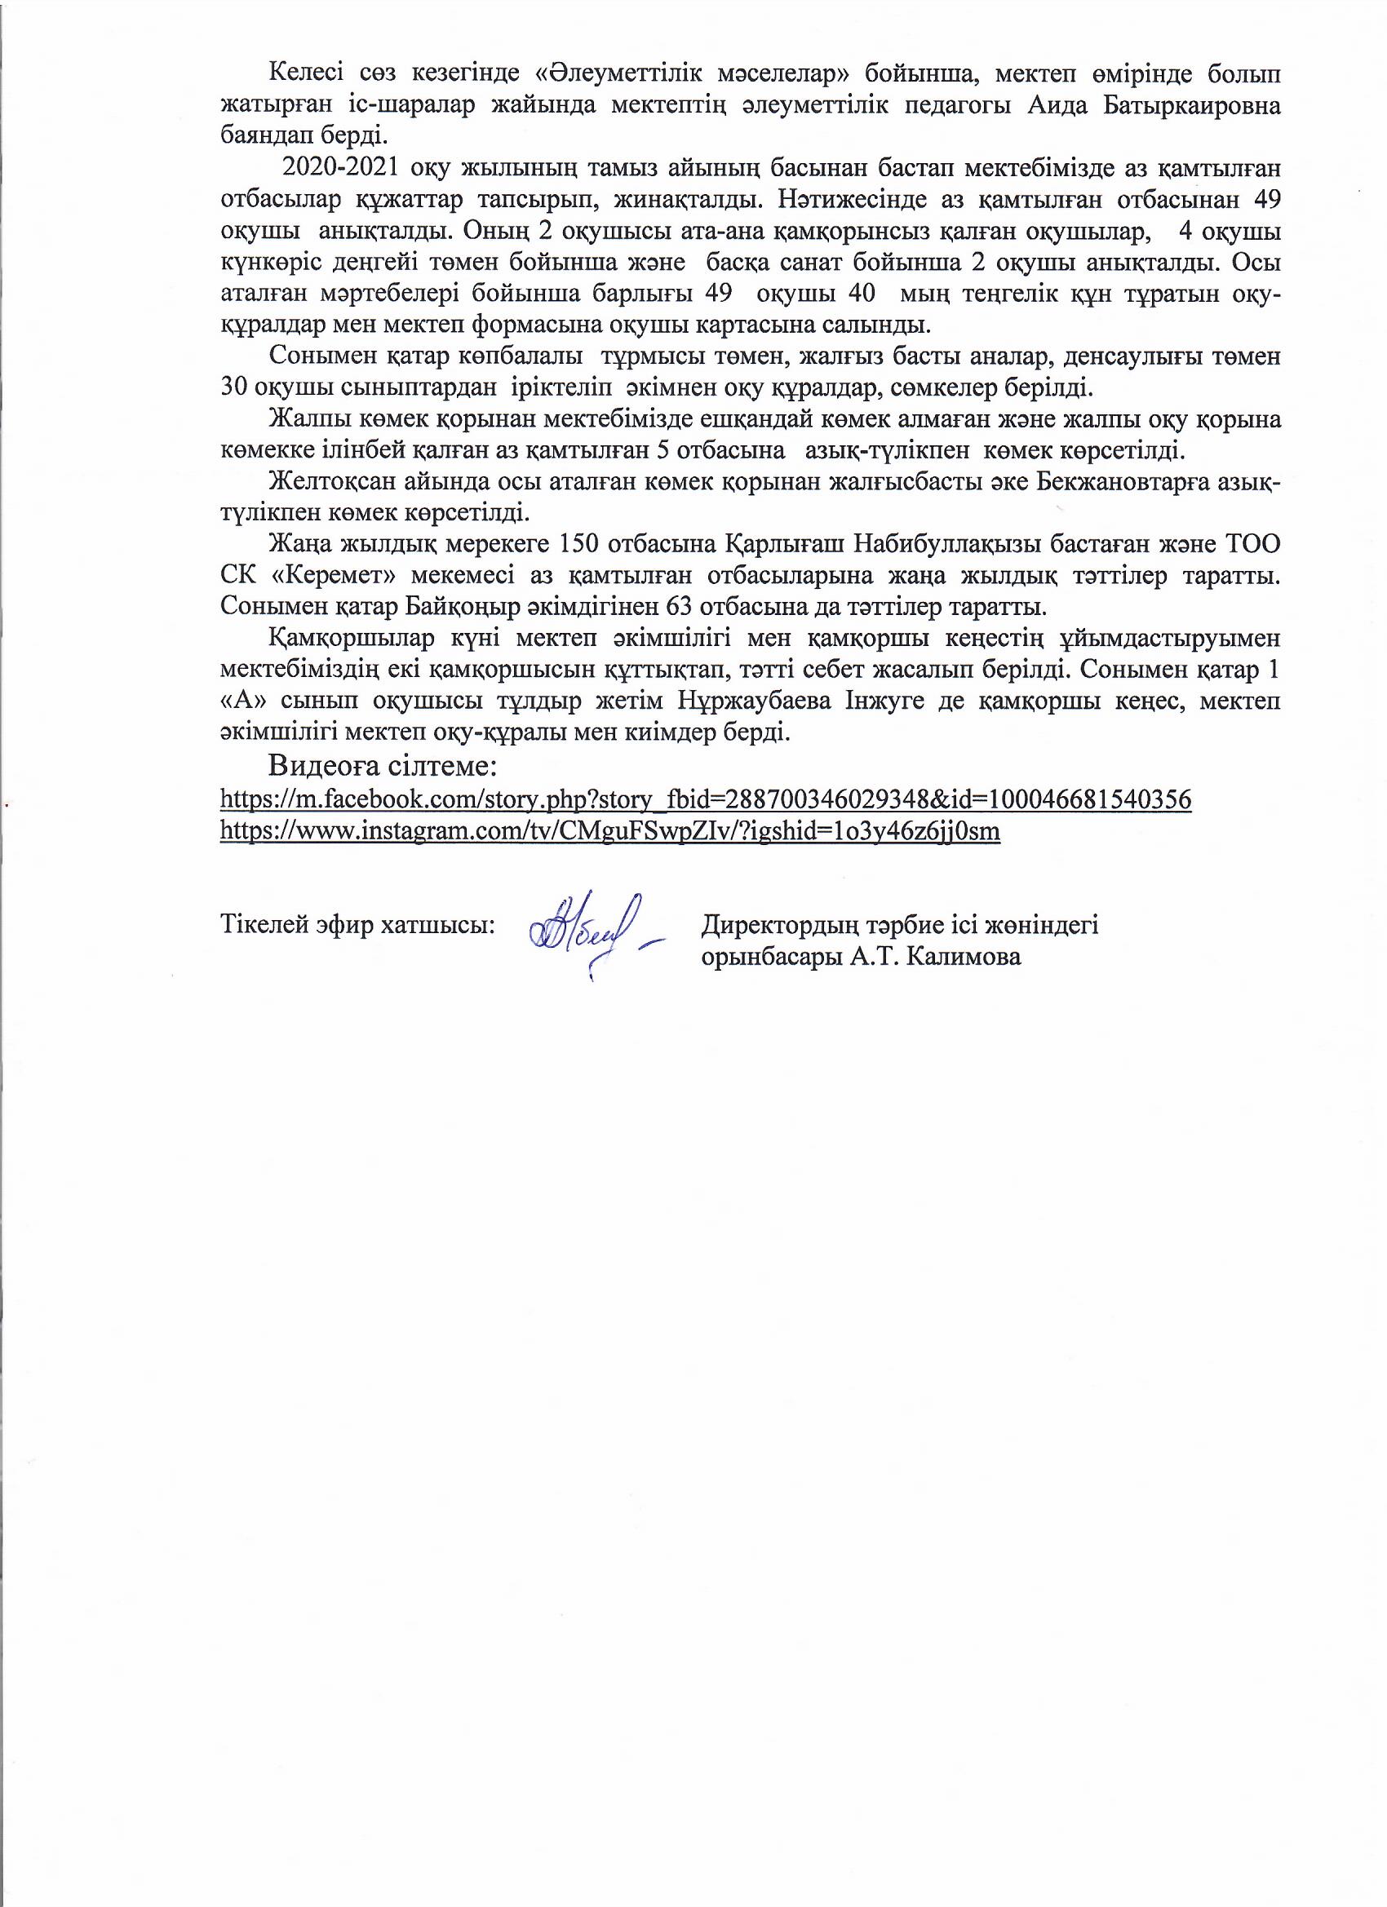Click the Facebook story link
click(x=705, y=799)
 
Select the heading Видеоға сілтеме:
click(x=383, y=767)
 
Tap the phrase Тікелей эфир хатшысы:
click(x=357, y=926)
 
